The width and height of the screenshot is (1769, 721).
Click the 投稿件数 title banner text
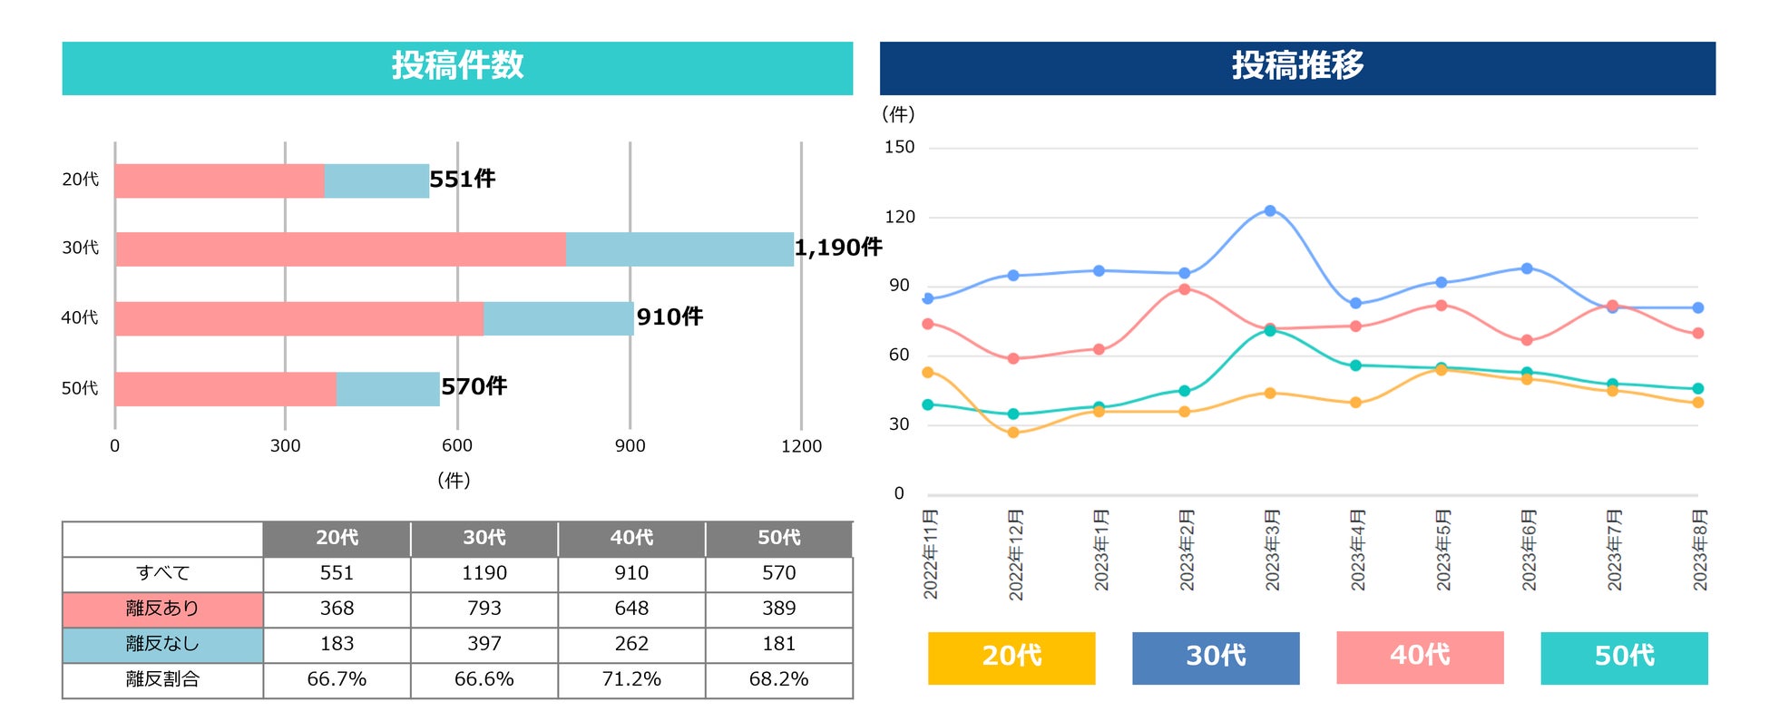click(x=457, y=66)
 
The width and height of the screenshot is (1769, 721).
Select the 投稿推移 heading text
click(x=1297, y=66)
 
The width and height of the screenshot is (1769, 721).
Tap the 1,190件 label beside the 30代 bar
click(x=837, y=248)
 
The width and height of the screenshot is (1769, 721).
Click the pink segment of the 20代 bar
click(x=220, y=181)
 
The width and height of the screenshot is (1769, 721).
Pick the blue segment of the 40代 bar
click(x=558, y=318)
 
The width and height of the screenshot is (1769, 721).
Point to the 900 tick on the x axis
click(x=630, y=446)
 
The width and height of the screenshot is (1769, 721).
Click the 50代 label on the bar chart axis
click(x=80, y=389)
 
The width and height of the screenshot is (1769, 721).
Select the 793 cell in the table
click(x=484, y=609)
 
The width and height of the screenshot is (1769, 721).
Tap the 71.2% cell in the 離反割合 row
click(x=631, y=679)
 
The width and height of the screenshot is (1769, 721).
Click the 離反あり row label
click(x=162, y=609)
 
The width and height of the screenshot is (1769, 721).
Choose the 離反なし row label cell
click(x=162, y=644)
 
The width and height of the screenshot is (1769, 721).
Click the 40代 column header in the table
click(x=631, y=538)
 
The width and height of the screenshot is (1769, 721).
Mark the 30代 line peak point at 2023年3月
click(x=1270, y=210)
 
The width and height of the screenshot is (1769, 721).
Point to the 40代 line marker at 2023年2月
click(x=1185, y=289)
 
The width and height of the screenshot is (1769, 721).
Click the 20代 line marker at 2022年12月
click(x=1013, y=433)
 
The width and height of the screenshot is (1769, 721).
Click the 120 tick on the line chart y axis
click(x=900, y=217)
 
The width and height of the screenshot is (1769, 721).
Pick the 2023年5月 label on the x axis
click(x=1442, y=550)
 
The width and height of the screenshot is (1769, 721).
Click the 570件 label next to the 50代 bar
click(x=474, y=387)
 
